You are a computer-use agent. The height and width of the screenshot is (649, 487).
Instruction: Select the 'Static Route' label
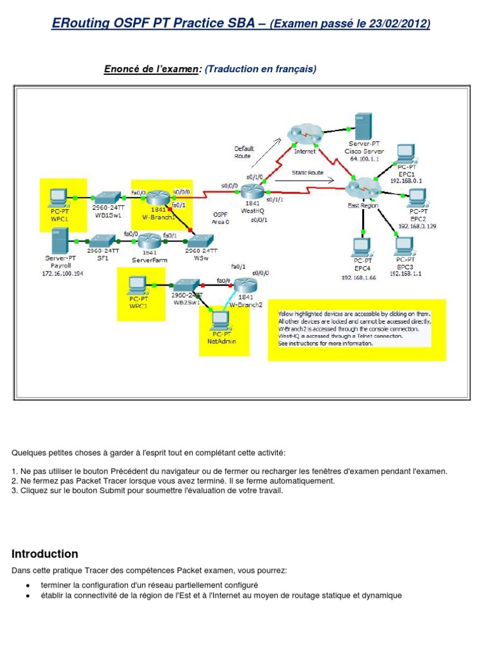(308, 172)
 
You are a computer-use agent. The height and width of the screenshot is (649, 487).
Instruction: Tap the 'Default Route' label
(243, 152)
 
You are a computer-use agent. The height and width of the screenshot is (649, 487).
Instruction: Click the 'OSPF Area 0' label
(220, 219)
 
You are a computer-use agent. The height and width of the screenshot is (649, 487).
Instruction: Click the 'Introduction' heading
(44, 554)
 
